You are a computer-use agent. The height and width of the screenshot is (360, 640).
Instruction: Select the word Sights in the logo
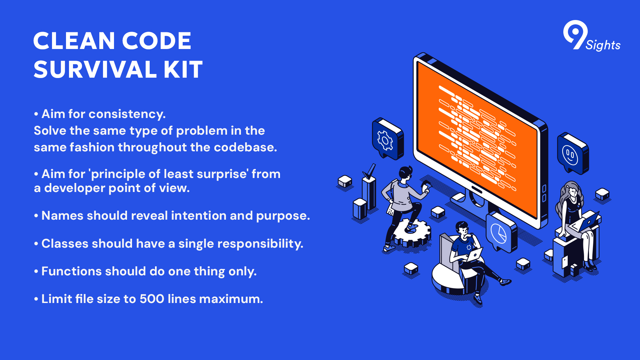(x=603, y=45)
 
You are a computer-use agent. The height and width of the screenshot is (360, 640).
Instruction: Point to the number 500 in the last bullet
(x=152, y=299)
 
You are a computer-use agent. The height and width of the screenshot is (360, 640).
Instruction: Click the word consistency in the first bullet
(x=127, y=114)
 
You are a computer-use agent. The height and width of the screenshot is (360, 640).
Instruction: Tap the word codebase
(x=245, y=147)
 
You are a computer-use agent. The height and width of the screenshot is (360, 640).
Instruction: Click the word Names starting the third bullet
(x=62, y=215)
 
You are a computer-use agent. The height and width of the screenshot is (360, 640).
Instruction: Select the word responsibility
(x=260, y=244)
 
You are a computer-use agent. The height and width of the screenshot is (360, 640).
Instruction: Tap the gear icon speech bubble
(x=388, y=139)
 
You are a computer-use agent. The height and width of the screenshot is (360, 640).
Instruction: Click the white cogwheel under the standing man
(x=412, y=233)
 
